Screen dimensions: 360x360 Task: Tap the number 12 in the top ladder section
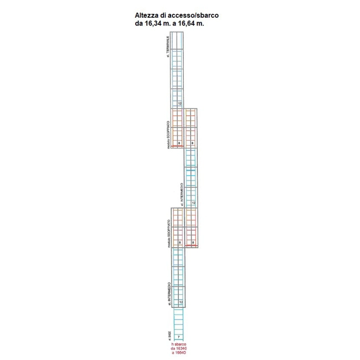point(179,104)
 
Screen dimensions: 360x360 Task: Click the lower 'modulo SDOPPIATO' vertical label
point(167,233)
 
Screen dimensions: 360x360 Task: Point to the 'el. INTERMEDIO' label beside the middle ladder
point(181,194)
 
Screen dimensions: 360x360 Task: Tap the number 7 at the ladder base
point(179,337)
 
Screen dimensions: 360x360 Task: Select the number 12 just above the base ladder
point(179,302)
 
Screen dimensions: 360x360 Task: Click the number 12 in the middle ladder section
point(193,203)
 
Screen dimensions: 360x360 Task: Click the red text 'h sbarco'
point(179,344)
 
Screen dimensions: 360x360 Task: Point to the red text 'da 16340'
point(179,348)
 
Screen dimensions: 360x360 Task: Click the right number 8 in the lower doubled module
point(193,242)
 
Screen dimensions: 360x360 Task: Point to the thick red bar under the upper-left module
point(177,146)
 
